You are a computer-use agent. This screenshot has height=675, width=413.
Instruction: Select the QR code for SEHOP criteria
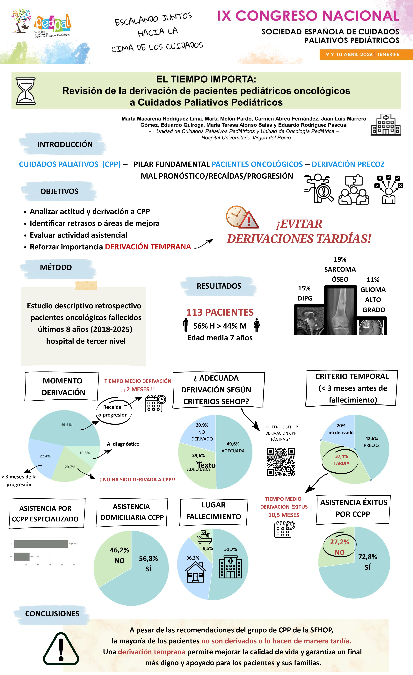281,462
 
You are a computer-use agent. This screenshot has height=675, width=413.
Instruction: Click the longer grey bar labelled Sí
40,544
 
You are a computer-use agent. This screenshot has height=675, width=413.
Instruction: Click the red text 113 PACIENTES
220,312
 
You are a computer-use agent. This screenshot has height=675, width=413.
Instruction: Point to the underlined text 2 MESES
141,389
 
